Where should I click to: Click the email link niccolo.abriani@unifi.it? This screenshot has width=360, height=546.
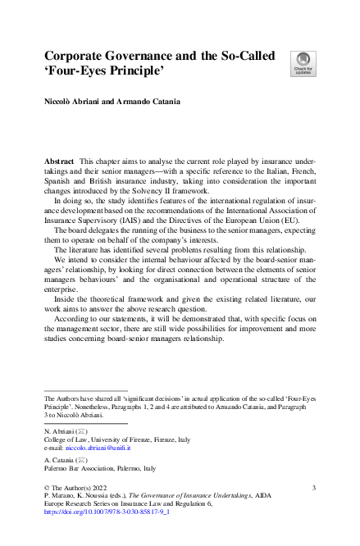point(98,448)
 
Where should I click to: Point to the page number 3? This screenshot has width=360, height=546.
point(314,489)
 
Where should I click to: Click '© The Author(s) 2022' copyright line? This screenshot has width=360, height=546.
point(76,489)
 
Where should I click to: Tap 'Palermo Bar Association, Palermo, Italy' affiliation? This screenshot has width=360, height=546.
point(98,469)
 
